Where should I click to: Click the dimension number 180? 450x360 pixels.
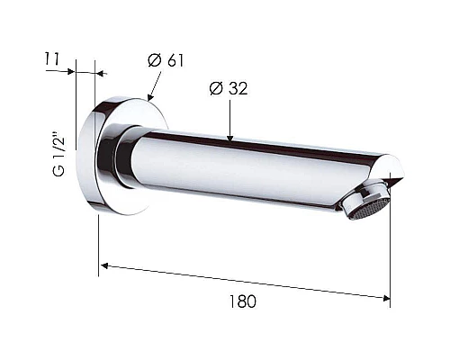(243, 301)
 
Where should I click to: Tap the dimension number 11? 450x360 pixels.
(52, 58)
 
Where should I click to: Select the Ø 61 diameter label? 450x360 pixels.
(166, 60)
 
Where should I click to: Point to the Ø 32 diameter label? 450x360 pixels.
(229, 88)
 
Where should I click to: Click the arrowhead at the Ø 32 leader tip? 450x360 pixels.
(229, 138)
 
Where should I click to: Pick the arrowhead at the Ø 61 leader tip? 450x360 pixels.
(150, 96)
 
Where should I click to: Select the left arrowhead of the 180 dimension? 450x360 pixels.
(104, 265)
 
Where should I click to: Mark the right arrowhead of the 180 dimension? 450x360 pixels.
(386, 298)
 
